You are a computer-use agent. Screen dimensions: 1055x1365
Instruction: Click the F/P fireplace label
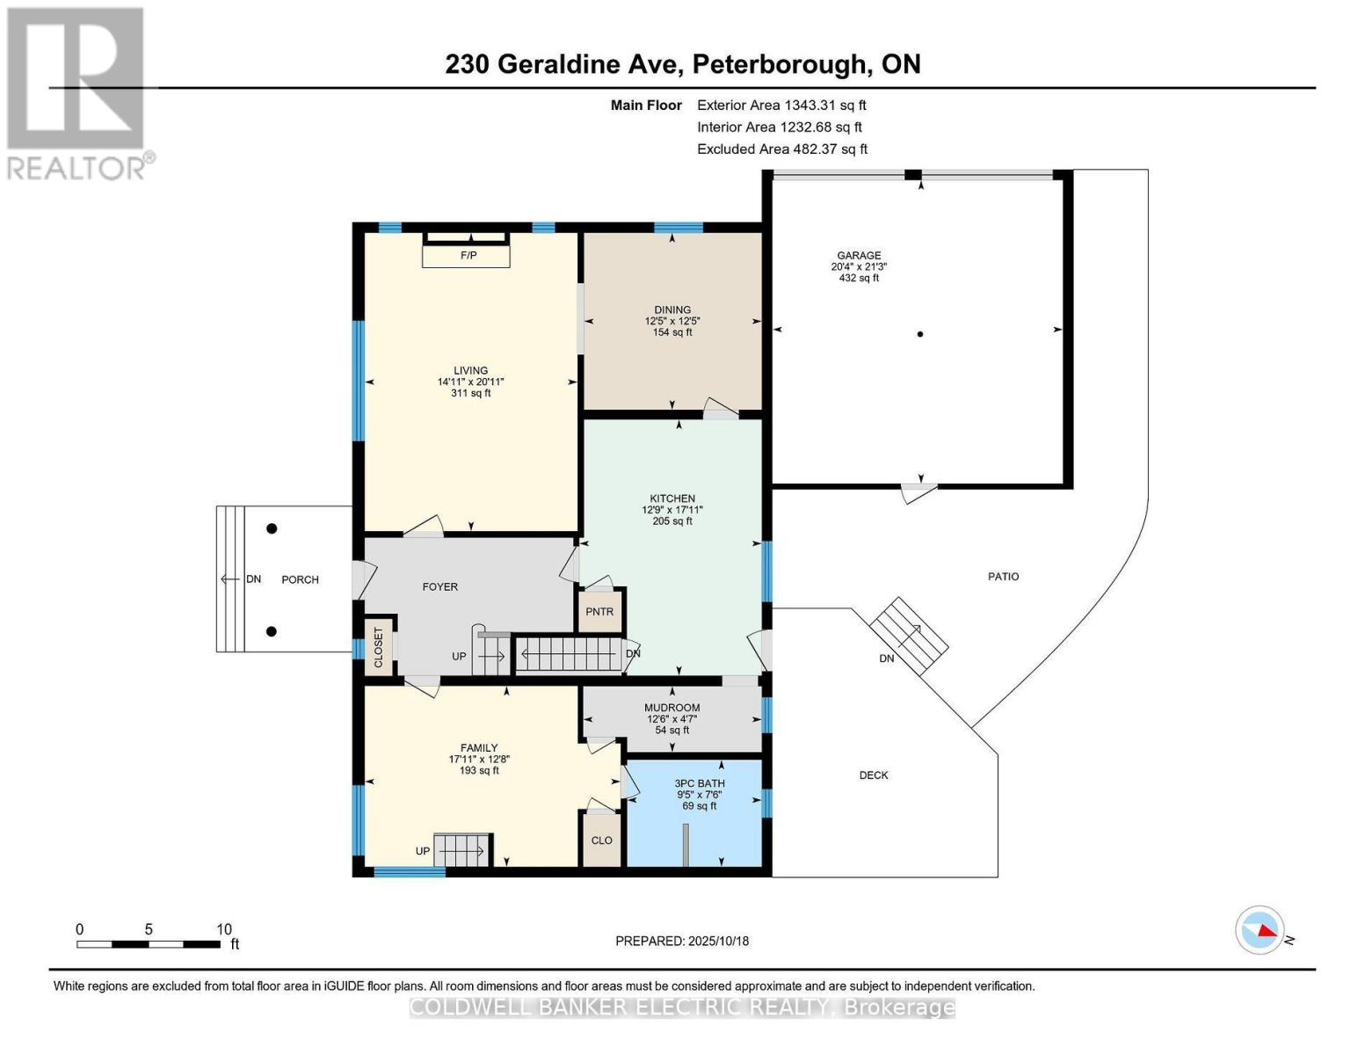[x=468, y=256]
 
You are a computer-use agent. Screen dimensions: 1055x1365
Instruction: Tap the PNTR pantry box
[x=599, y=612]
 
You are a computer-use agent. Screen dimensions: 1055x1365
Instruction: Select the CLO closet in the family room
[x=601, y=840]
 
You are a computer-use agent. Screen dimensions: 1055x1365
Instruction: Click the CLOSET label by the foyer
[x=379, y=647]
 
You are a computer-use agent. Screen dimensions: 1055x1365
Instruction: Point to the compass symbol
[x=1260, y=930]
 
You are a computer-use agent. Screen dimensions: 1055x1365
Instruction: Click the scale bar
[x=149, y=944]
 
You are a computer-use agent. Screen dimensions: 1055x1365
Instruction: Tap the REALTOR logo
[x=77, y=93]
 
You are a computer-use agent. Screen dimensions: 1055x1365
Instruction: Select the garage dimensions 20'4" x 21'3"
[x=858, y=267]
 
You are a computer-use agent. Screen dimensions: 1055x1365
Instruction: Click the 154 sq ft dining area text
[x=672, y=332]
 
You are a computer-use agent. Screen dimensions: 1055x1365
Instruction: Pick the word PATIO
[x=1003, y=577]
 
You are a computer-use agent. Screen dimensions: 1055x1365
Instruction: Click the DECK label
[x=874, y=775]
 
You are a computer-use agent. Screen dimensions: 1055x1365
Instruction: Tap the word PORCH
[x=300, y=580]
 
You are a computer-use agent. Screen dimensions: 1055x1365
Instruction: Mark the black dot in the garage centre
[x=920, y=334]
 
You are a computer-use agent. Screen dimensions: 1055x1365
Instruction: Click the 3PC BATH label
[x=700, y=783]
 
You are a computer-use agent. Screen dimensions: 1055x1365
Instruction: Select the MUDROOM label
[x=672, y=708]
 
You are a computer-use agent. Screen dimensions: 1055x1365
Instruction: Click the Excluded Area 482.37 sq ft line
[x=782, y=149]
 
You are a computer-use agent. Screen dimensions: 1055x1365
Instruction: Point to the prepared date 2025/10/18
[x=682, y=941]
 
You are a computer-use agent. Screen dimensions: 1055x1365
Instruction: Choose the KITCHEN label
[x=672, y=498]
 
